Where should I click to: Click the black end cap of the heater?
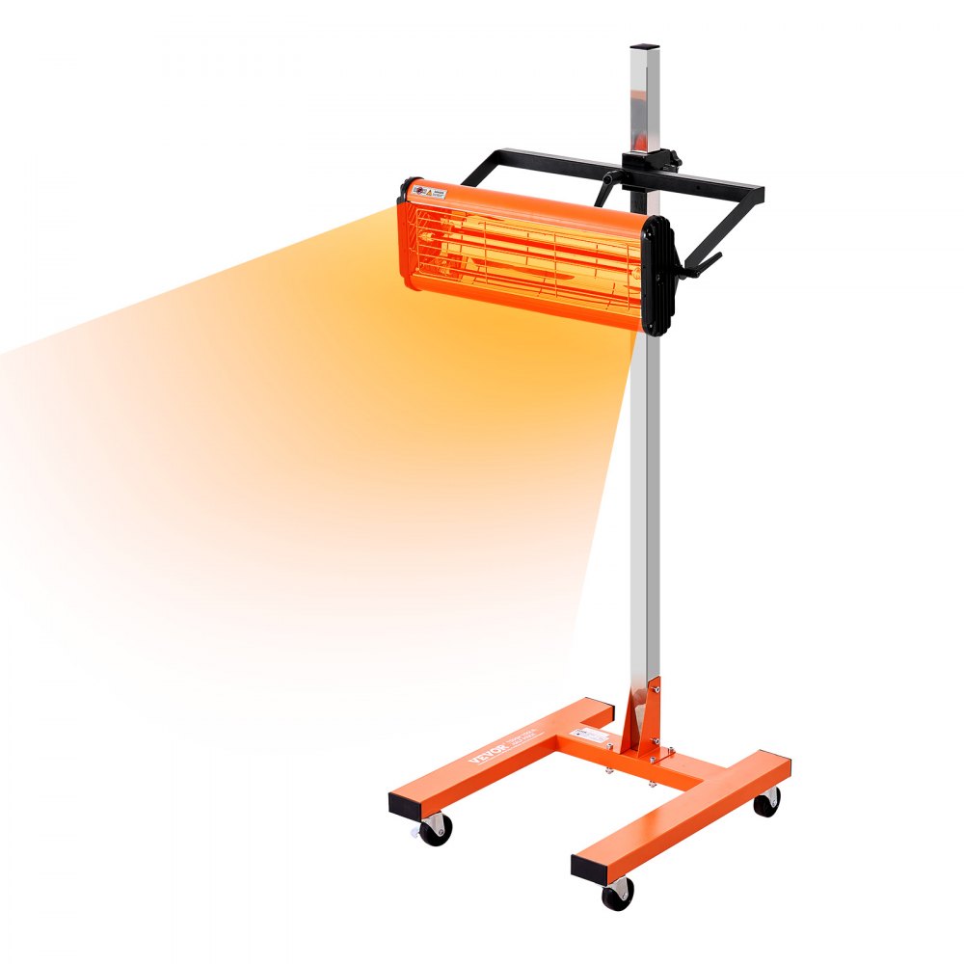(656, 276)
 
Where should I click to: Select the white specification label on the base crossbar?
(591, 736)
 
